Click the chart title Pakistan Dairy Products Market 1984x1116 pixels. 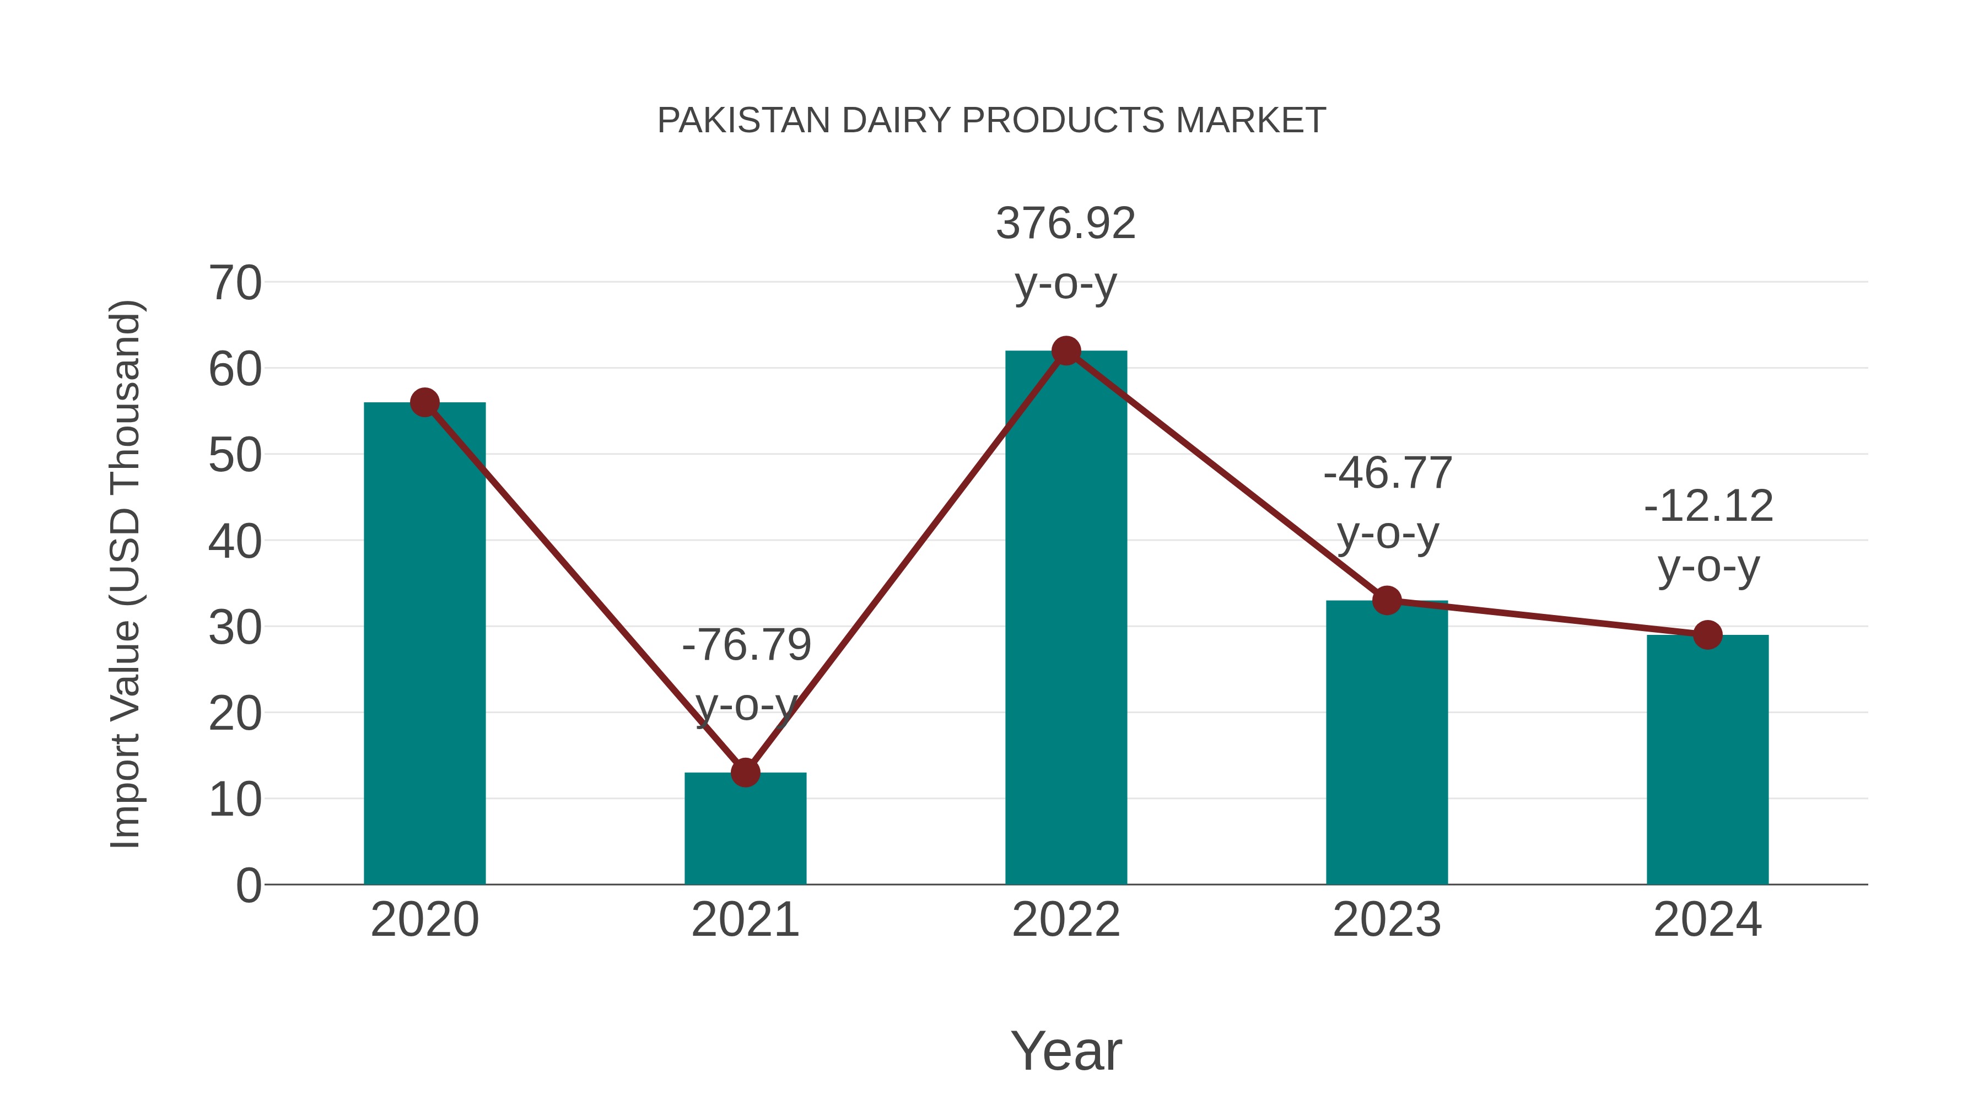[991, 120]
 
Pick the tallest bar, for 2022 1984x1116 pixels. [1066, 617]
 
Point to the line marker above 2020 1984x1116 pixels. [424, 402]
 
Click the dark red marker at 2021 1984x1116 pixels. [745, 773]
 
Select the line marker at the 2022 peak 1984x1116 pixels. [1066, 351]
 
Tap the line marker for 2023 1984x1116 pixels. [1387, 600]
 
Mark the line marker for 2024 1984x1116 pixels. [1707, 635]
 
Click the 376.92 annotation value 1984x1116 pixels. [1065, 223]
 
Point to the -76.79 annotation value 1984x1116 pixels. [746, 645]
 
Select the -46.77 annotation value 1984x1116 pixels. [1387, 473]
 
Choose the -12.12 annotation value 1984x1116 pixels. [1708, 506]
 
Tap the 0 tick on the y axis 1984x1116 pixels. [248, 885]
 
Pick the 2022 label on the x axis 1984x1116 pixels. [1066, 920]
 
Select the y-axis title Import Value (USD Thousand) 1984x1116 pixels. [125, 574]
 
